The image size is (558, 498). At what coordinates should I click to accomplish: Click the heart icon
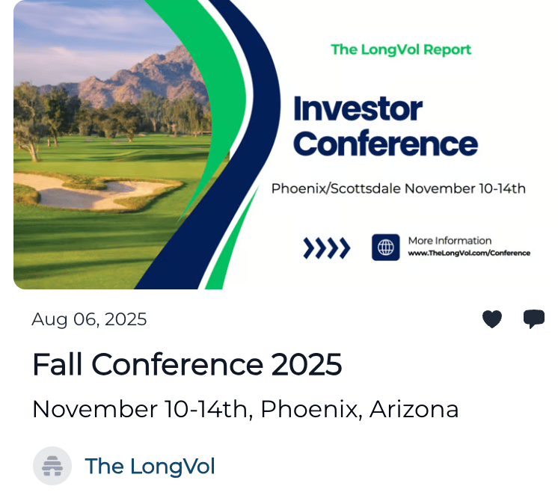[492, 319]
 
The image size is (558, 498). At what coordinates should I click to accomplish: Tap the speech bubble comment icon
[534, 319]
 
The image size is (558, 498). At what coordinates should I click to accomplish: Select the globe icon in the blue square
[386, 248]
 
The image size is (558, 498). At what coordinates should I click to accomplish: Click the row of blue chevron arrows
[327, 248]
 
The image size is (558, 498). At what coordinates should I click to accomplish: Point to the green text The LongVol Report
[401, 50]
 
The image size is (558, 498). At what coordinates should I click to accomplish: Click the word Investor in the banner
[358, 109]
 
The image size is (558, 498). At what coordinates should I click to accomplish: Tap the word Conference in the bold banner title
[386, 144]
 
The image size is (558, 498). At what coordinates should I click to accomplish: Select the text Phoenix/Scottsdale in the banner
[337, 188]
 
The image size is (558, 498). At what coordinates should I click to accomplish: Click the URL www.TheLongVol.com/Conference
[469, 253]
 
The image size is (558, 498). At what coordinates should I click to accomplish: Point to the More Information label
[450, 241]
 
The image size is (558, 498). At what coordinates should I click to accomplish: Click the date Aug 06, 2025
[89, 319]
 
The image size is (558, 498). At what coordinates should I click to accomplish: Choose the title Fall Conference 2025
[187, 364]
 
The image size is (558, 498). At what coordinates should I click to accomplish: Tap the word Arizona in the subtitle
[414, 409]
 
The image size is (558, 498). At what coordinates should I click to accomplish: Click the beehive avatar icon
[52, 466]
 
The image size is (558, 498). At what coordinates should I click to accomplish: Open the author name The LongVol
[150, 466]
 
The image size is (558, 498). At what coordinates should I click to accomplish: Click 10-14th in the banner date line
[502, 188]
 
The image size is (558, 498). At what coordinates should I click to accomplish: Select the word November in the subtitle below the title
[95, 409]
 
